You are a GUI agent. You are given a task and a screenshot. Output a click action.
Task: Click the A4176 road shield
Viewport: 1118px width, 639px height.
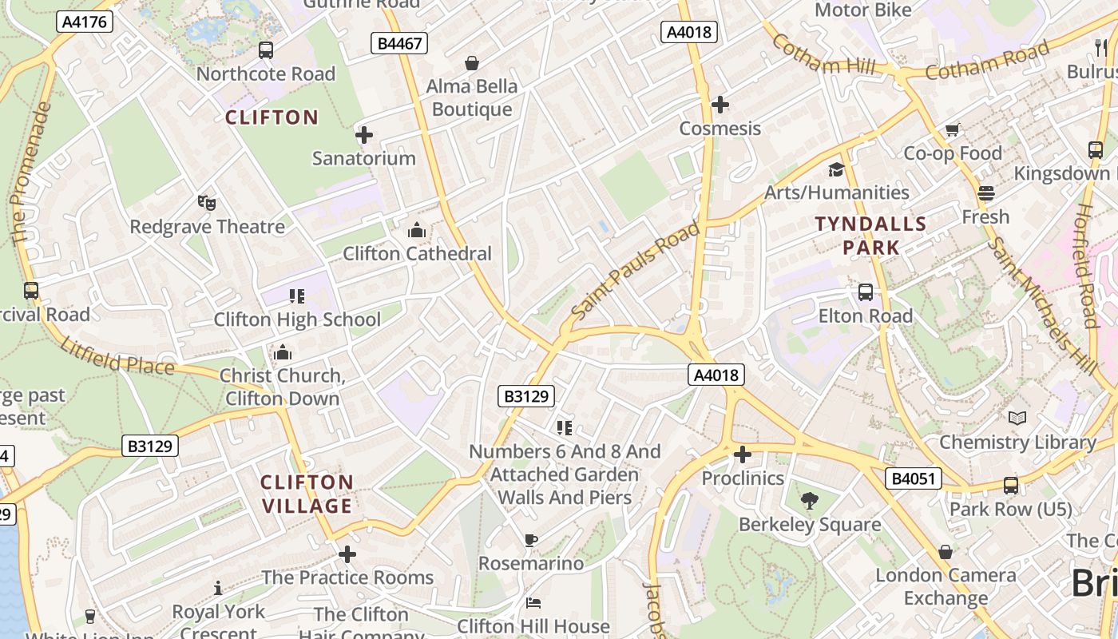(84, 22)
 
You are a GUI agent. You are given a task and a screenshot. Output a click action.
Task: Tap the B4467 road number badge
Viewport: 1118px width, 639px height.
(399, 43)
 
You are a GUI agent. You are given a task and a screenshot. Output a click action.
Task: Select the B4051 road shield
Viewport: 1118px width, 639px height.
(914, 478)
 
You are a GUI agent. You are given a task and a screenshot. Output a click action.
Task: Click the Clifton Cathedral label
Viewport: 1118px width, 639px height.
(417, 254)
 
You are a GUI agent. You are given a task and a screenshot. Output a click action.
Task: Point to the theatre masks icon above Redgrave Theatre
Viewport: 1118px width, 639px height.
(207, 203)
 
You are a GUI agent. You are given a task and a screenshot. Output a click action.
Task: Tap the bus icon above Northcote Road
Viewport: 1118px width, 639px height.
(266, 50)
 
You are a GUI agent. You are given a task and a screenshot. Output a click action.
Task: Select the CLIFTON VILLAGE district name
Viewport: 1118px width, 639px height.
(307, 494)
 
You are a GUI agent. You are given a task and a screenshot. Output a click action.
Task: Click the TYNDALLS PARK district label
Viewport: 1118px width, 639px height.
(870, 236)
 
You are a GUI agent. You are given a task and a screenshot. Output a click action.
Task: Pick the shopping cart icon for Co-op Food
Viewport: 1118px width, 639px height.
(952, 129)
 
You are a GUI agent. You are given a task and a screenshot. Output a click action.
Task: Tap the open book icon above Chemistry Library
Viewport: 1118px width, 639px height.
(1017, 418)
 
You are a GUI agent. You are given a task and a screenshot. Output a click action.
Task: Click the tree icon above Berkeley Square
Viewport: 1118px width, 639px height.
(809, 501)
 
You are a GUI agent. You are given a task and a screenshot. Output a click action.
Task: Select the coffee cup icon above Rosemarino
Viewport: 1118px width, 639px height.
(531, 540)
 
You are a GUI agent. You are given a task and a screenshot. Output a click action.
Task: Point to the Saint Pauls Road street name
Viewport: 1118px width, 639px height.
(636, 272)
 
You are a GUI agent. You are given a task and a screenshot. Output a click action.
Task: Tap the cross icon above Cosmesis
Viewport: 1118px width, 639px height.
(720, 105)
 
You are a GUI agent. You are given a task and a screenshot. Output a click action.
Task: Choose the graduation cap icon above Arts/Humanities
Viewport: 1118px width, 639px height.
(836, 169)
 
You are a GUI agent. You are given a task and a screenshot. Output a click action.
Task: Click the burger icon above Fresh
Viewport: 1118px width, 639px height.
(986, 193)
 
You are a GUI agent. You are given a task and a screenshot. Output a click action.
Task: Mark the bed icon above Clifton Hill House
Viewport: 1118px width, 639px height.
(533, 603)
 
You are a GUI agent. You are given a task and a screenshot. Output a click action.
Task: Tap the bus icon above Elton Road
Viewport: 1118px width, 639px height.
(866, 292)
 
